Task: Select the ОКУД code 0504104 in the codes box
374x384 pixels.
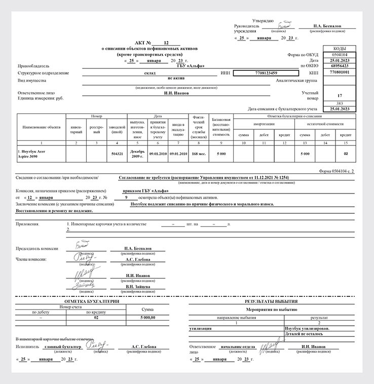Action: coord(340,54)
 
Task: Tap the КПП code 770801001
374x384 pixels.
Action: coord(340,73)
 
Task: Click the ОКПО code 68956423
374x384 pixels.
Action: coord(340,66)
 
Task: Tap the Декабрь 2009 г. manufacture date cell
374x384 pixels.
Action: coord(137,154)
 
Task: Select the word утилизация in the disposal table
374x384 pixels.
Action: coord(200,328)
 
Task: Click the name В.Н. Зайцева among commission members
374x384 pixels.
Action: coord(137,287)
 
